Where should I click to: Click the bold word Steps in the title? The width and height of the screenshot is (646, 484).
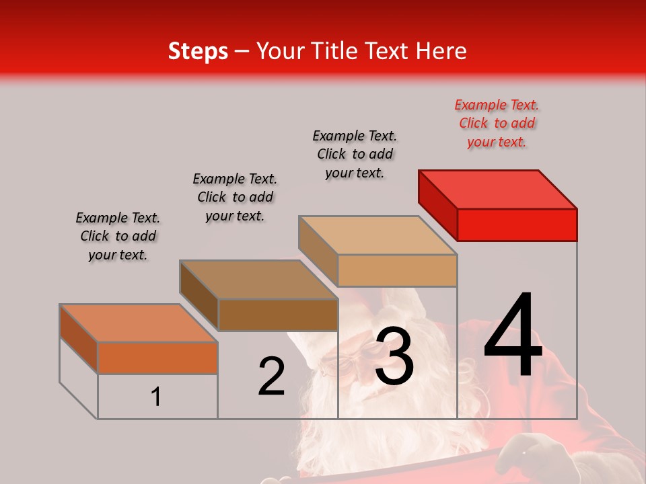tap(198, 51)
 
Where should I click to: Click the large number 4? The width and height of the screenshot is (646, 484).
tap(513, 336)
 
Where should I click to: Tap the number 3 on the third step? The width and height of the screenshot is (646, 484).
tap(394, 356)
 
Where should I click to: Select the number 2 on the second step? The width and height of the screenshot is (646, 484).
tap(271, 376)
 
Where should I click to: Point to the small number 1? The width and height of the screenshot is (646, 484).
tap(156, 397)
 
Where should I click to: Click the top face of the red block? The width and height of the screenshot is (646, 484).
tap(498, 189)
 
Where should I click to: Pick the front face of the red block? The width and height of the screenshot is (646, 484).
tap(517, 225)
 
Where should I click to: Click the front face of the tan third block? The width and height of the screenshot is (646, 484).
tap(397, 270)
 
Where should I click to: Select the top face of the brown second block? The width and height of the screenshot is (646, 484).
tap(258, 279)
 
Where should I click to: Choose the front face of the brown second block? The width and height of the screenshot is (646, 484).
tap(278, 315)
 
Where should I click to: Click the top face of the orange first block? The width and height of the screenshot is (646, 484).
tap(139, 323)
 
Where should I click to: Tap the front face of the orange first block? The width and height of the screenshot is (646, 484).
tap(157, 358)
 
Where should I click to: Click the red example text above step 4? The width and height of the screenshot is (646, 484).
tap(497, 123)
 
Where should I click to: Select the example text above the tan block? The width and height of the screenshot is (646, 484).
tap(355, 154)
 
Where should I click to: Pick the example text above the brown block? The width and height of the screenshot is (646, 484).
tap(235, 197)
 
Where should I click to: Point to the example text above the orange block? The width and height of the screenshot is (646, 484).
tap(118, 236)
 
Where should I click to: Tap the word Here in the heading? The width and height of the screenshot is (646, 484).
tap(443, 51)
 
